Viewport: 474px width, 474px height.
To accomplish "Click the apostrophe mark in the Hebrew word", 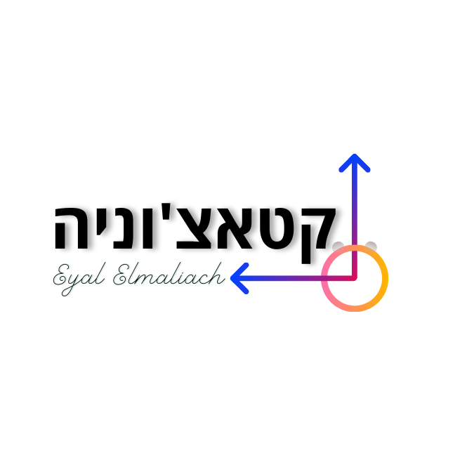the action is click(x=166, y=211).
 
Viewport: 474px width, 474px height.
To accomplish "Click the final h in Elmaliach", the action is click(x=217, y=274).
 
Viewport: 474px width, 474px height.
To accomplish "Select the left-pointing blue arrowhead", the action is click(x=239, y=278).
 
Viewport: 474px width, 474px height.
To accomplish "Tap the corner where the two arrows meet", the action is click(x=355, y=278).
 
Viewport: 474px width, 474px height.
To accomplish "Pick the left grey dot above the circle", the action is click(x=338, y=246).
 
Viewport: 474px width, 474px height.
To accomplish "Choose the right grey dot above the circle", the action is click(x=371, y=246).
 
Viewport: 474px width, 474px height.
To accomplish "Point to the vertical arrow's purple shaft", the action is click(x=355, y=218).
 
